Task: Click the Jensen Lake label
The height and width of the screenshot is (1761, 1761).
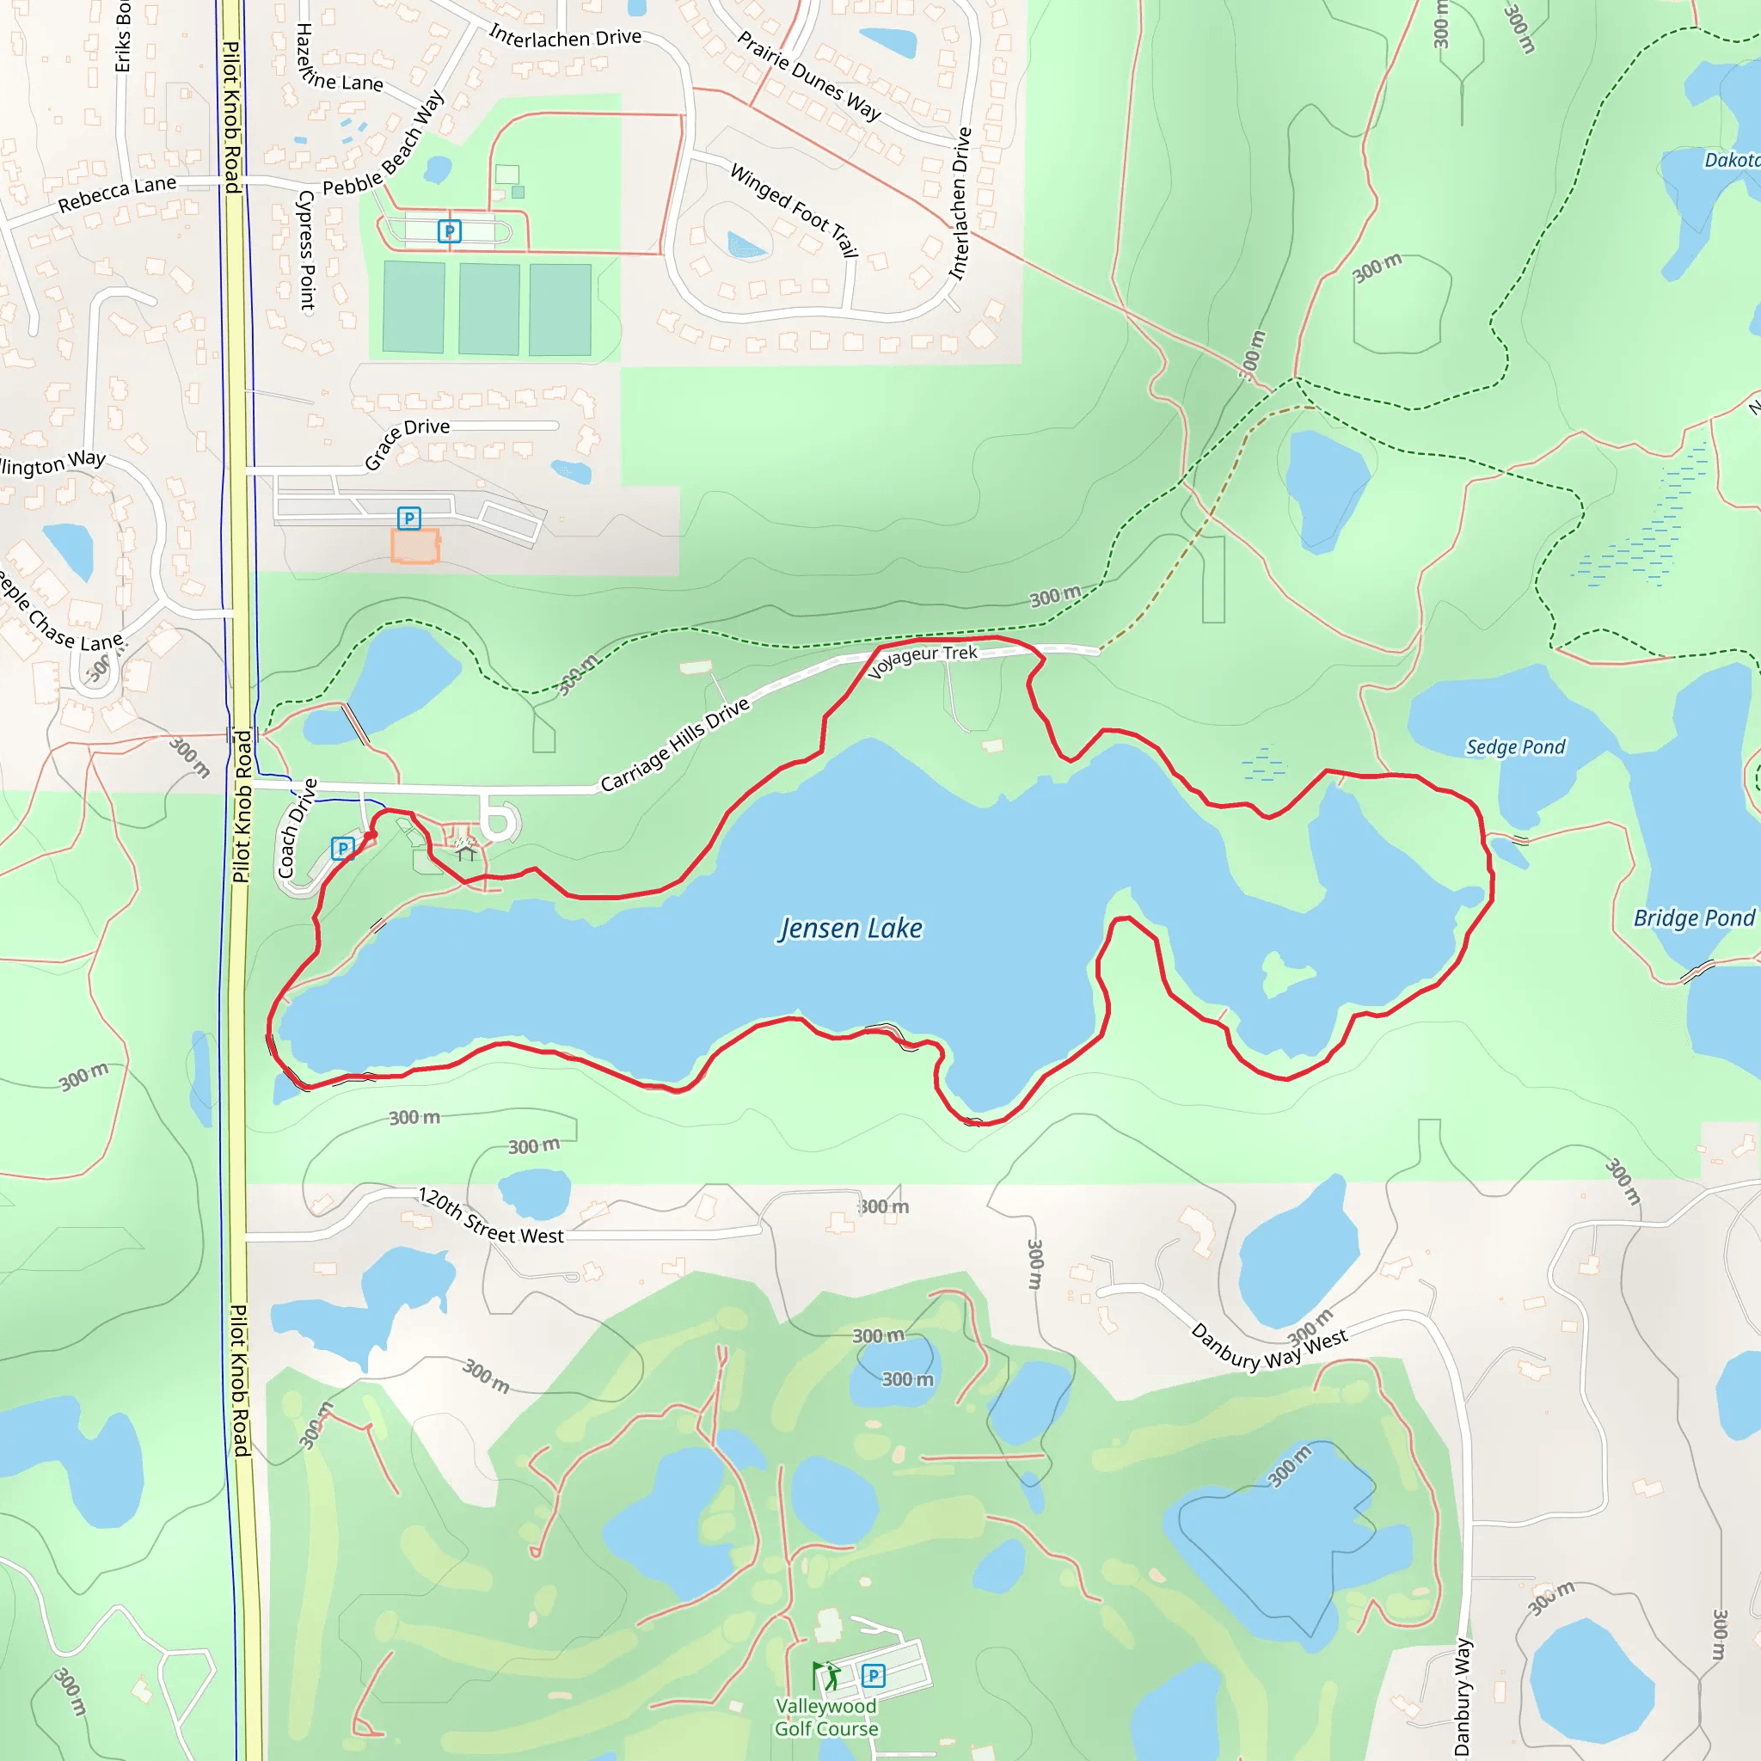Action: pos(850,928)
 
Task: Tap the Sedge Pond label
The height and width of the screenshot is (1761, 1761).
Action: pos(1514,747)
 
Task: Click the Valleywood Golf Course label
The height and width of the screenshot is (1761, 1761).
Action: pos(825,1717)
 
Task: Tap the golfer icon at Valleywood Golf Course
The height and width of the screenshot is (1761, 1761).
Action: pos(825,1675)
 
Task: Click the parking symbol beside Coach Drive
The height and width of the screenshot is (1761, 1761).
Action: pos(342,849)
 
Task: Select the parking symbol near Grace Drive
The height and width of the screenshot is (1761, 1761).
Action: pos(409,518)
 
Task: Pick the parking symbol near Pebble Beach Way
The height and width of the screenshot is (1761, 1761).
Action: pos(449,230)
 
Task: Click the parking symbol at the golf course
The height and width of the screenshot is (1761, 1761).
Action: pos(872,1675)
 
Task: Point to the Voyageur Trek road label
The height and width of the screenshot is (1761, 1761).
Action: pos(923,660)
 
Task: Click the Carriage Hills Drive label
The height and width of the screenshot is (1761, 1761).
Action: pos(674,744)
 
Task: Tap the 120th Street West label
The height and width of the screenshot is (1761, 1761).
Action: pos(490,1216)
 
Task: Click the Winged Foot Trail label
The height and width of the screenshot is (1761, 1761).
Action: pos(794,209)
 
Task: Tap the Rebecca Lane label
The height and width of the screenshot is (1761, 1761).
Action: pos(117,194)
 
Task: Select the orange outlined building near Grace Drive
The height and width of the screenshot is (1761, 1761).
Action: pos(414,546)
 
